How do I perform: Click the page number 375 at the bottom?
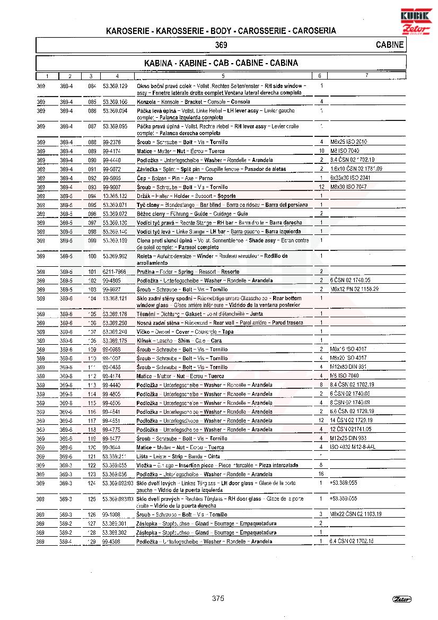(218, 598)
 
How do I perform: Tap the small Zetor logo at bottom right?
(402, 599)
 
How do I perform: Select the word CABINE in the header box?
(389, 45)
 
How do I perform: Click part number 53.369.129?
(115, 86)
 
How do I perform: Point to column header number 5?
(223, 76)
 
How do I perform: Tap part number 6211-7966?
(115, 272)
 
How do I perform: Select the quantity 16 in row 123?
(321, 474)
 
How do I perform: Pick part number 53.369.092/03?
(118, 483)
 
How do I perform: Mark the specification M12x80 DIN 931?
(348, 367)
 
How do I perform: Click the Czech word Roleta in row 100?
(145, 256)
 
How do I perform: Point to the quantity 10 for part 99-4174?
(321, 151)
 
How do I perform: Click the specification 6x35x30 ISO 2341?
(350, 178)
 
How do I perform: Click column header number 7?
(366, 76)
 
